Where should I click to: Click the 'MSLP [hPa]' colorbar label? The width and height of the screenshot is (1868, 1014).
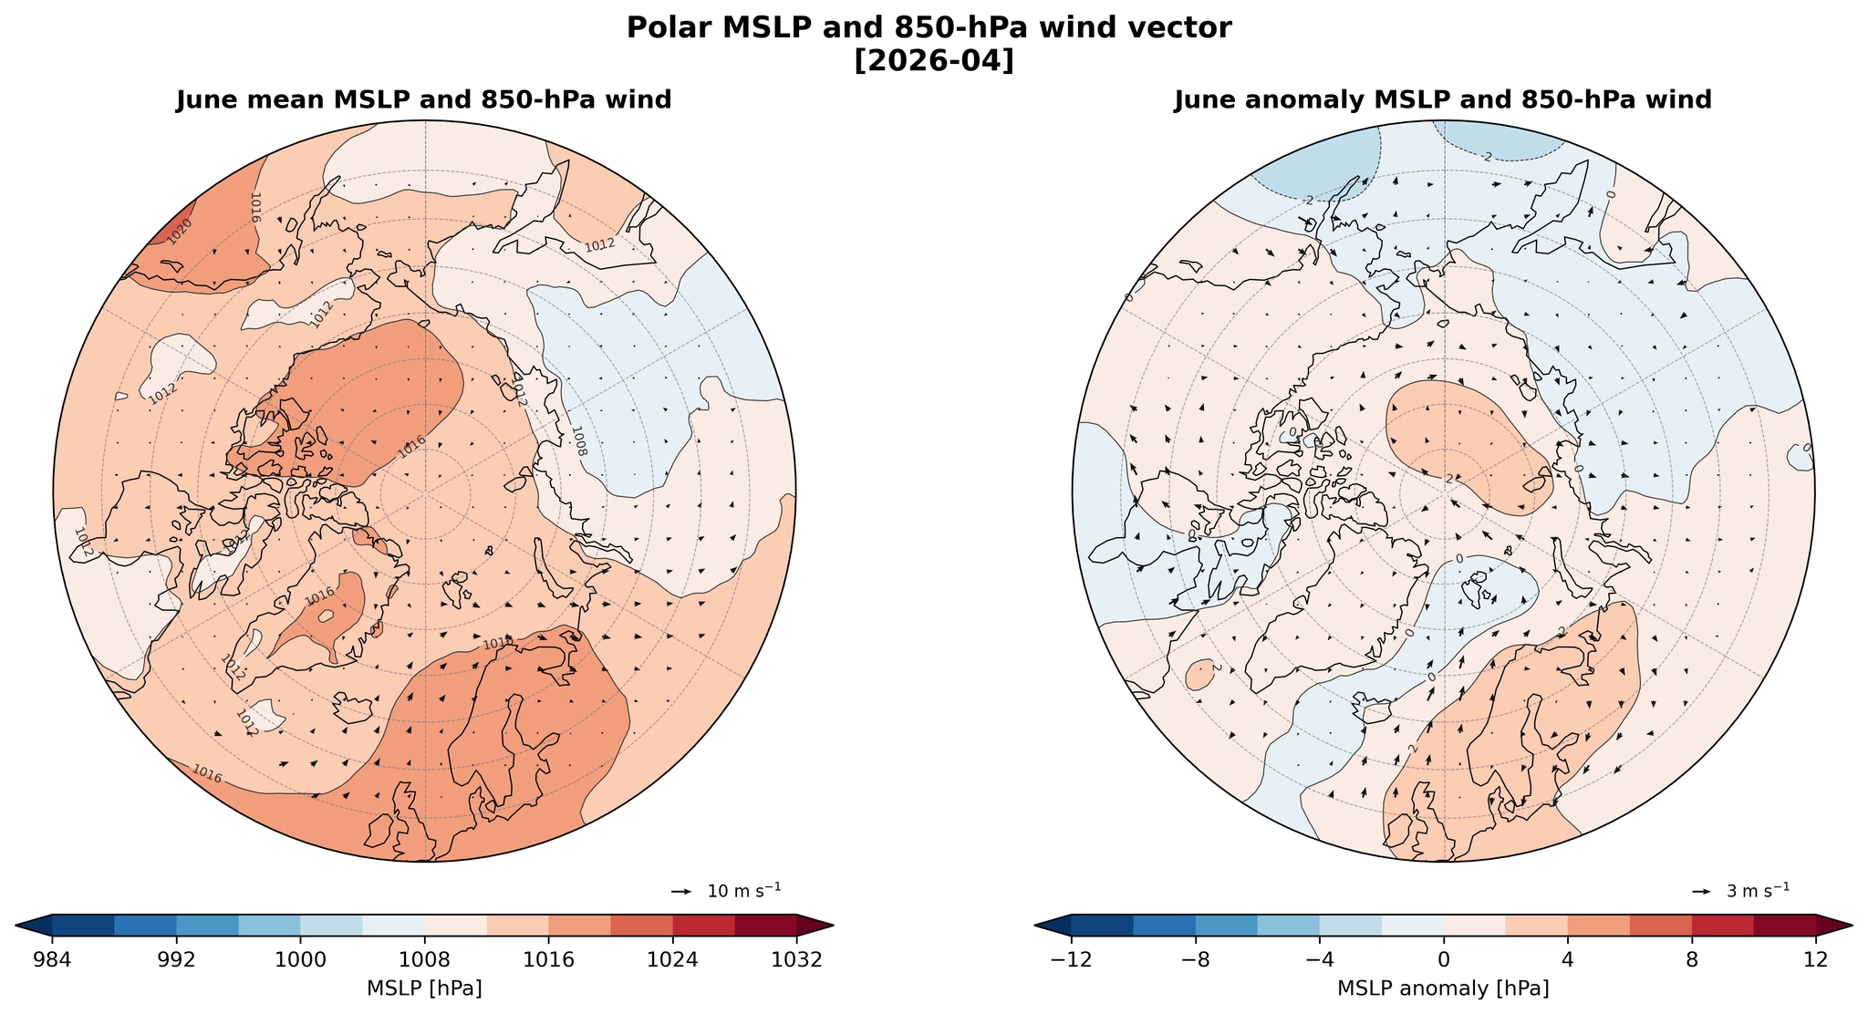click(x=424, y=988)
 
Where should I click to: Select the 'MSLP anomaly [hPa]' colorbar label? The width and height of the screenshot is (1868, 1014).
click(x=1443, y=988)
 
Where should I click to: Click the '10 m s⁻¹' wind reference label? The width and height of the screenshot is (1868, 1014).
click(x=744, y=891)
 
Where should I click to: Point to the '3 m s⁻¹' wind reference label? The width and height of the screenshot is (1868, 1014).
click(x=1758, y=891)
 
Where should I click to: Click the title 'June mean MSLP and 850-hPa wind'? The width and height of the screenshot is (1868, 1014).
click(x=424, y=100)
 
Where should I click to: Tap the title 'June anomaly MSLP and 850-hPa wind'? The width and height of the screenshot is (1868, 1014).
click(x=1443, y=100)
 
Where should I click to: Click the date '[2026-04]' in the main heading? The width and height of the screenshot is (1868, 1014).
click(x=933, y=61)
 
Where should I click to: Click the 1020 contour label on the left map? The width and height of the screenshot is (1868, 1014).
click(x=179, y=231)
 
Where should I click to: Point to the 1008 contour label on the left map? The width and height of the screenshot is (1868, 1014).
click(x=578, y=440)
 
